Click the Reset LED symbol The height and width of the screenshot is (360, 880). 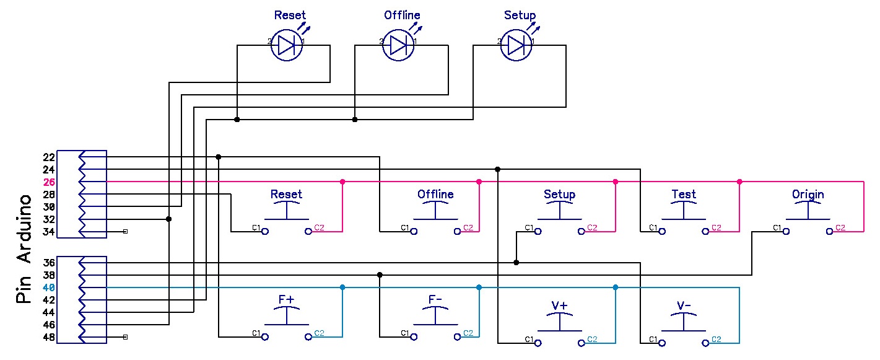point(286,45)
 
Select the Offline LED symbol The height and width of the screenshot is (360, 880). point(398,45)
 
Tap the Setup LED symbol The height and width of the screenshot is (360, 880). point(515,45)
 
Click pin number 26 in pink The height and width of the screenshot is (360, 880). point(49,182)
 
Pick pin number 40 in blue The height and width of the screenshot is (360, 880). point(49,288)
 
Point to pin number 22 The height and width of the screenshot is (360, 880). point(49,157)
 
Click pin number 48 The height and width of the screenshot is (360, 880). point(49,337)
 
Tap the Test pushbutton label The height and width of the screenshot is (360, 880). point(684,194)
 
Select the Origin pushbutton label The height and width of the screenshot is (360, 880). point(808,194)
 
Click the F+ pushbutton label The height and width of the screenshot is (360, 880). point(286,299)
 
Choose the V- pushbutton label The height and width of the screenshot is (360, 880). point(684,305)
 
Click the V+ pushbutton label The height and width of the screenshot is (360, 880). point(560,305)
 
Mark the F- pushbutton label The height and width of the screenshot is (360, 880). point(435,299)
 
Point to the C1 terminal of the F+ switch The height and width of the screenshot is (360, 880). point(265,336)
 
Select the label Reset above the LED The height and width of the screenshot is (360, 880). point(290,15)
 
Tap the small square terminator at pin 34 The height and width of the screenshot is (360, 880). point(126,232)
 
